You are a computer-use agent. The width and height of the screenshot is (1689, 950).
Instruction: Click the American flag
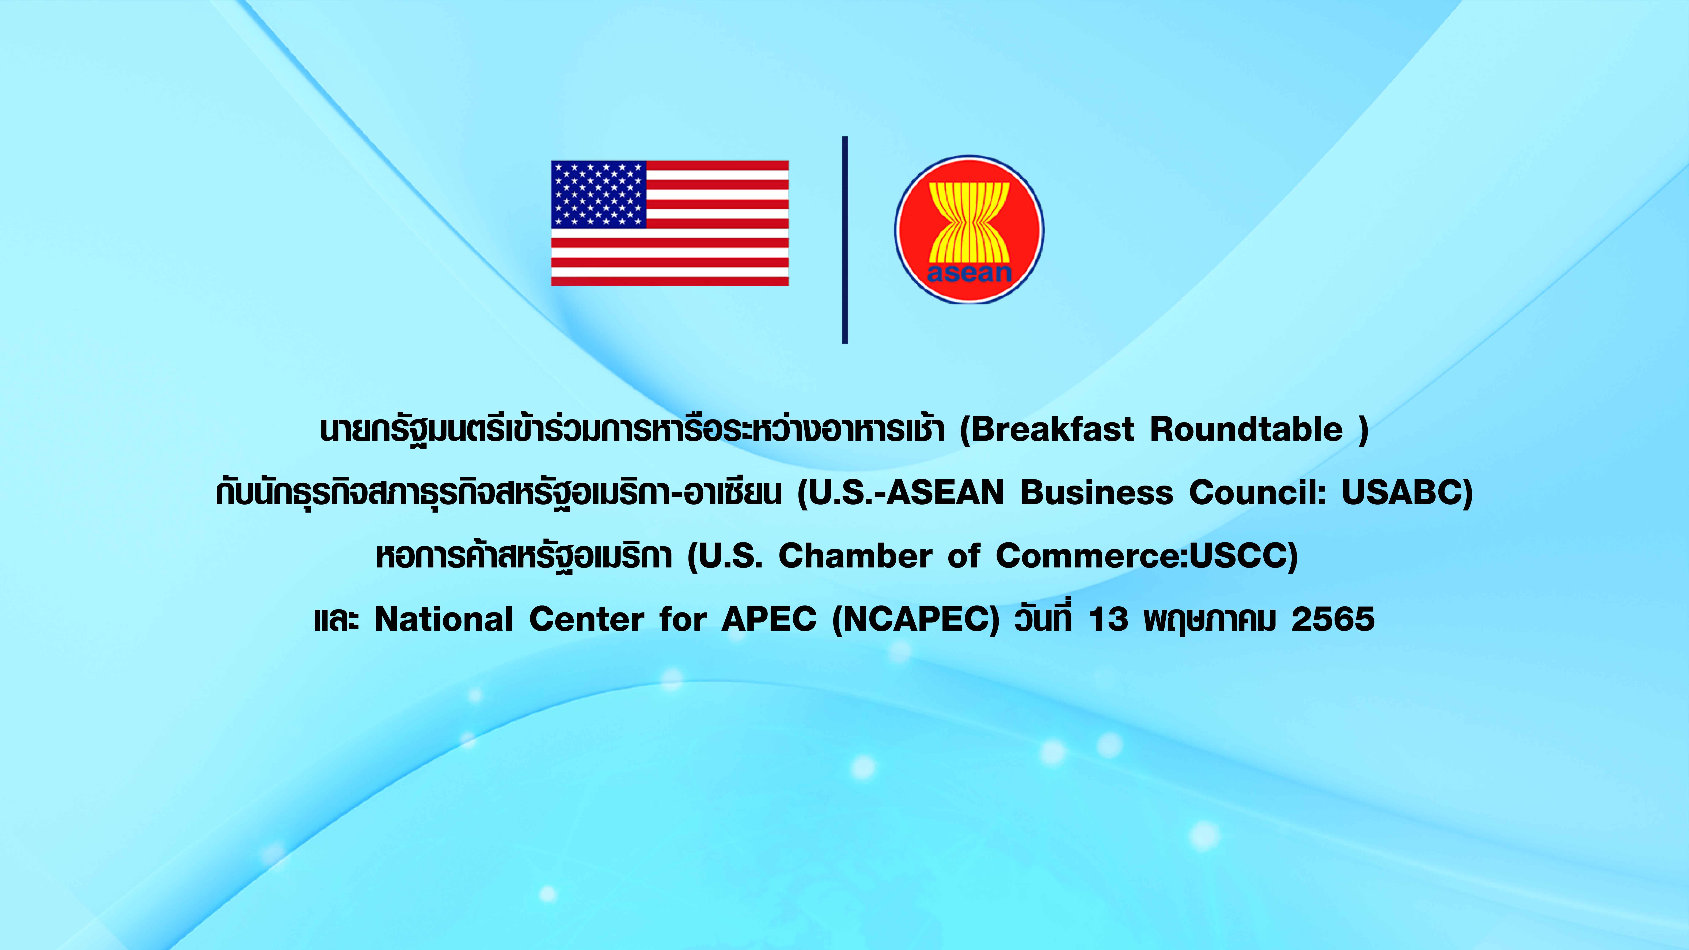[669, 223]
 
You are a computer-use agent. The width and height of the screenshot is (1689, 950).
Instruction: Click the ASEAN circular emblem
[969, 229]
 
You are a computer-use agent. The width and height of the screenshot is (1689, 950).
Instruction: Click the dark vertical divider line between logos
[844, 240]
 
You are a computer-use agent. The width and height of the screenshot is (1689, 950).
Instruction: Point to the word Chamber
[855, 556]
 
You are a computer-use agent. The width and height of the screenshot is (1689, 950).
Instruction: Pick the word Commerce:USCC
[1142, 556]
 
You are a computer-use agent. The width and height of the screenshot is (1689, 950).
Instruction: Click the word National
[444, 619]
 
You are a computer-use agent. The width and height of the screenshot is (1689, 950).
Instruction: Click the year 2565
[1333, 619]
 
